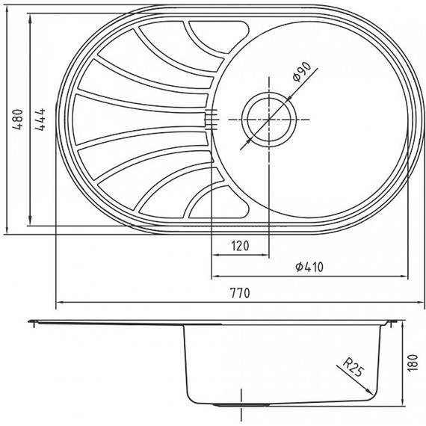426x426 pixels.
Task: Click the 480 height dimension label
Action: [x=18, y=120]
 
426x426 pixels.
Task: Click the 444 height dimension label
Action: [x=40, y=120]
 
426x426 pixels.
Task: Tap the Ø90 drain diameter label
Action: [x=302, y=72]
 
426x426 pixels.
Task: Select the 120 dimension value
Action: [x=240, y=246]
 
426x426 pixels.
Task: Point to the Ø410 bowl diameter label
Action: [x=309, y=267]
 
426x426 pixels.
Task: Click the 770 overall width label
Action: [x=240, y=293]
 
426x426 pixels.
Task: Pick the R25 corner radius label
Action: [x=353, y=367]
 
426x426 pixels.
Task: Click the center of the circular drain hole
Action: [x=269, y=120]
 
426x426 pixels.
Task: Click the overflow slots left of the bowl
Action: [x=212, y=120]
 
